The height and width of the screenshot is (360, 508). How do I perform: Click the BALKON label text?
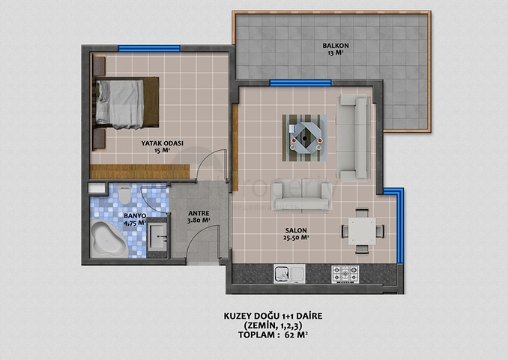[336, 46]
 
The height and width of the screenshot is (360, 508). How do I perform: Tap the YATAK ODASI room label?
[162, 143]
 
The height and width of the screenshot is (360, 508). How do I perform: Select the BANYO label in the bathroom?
[135, 216]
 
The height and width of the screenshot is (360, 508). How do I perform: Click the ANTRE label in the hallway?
[199, 214]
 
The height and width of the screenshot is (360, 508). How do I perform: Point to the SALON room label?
[296, 230]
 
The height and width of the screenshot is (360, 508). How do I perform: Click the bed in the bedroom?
[126, 103]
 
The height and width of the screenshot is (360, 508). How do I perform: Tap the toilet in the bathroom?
[124, 195]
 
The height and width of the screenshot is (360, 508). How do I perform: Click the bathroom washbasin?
[157, 238]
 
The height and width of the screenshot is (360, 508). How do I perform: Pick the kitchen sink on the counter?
[289, 274]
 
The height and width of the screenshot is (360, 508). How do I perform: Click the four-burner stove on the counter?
[345, 274]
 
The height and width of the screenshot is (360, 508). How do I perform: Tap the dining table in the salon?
[362, 231]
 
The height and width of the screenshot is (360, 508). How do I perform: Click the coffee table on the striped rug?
[304, 138]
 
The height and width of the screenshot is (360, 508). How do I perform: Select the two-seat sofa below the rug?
[301, 196]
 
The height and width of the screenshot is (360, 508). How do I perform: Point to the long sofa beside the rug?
[353, 138]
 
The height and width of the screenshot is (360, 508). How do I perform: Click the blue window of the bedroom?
[149, 48]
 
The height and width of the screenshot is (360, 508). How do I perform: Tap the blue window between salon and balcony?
[300, 83]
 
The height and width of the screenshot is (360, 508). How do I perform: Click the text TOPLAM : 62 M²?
[273, 335]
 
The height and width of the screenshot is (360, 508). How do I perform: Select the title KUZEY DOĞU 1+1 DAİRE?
[273, 316]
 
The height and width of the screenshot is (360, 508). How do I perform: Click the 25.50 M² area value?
[296, 238]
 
